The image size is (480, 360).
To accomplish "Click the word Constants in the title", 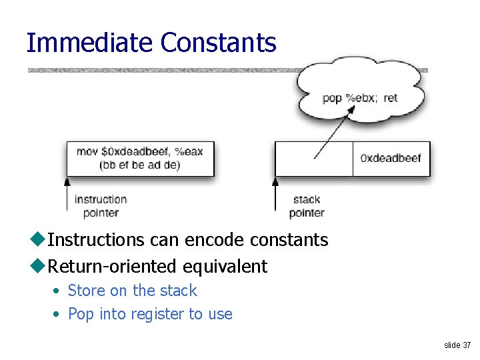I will (218, 43).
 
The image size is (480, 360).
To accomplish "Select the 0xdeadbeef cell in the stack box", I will (391, 159).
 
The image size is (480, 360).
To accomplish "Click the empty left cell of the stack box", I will (313, 159).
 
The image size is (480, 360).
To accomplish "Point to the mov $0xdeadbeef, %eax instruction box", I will (139, 158).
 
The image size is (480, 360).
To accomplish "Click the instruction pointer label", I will (101, 206).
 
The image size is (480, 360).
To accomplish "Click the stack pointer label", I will (307, 206).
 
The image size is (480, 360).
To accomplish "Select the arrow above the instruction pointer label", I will (67, 193).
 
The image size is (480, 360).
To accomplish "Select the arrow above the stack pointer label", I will (275, 193).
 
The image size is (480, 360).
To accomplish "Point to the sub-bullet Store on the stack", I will (132, 291).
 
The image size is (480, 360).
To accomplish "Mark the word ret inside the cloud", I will (391, 98).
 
